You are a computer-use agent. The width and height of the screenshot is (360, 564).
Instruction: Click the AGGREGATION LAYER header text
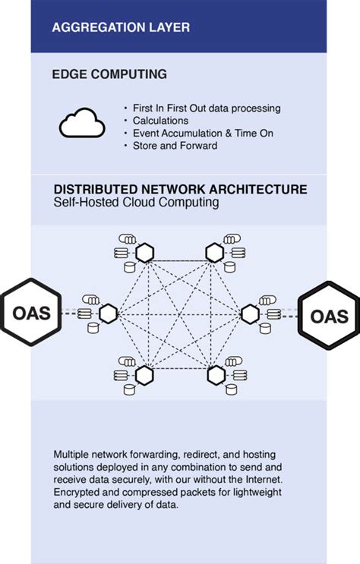coord(121,27)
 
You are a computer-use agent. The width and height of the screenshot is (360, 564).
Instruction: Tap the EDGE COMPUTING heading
coord(109,74)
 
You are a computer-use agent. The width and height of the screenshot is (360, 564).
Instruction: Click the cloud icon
coord(82,124)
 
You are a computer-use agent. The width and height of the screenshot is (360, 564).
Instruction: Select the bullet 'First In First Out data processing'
coord(201,109)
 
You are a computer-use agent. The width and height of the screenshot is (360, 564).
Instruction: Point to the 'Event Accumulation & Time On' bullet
coord(197,133)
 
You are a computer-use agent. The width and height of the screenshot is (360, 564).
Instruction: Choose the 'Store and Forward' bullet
coord(175,145)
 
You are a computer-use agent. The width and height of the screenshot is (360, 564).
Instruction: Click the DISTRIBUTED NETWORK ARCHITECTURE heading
coord(180,189)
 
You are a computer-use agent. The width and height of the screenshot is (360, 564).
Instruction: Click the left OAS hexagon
coord(31,314)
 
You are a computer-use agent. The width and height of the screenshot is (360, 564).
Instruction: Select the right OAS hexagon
coord(329,316)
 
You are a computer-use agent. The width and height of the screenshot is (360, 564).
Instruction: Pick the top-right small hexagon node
coord(215,252)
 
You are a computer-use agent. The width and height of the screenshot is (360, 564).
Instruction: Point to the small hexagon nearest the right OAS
coord(251,314)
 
